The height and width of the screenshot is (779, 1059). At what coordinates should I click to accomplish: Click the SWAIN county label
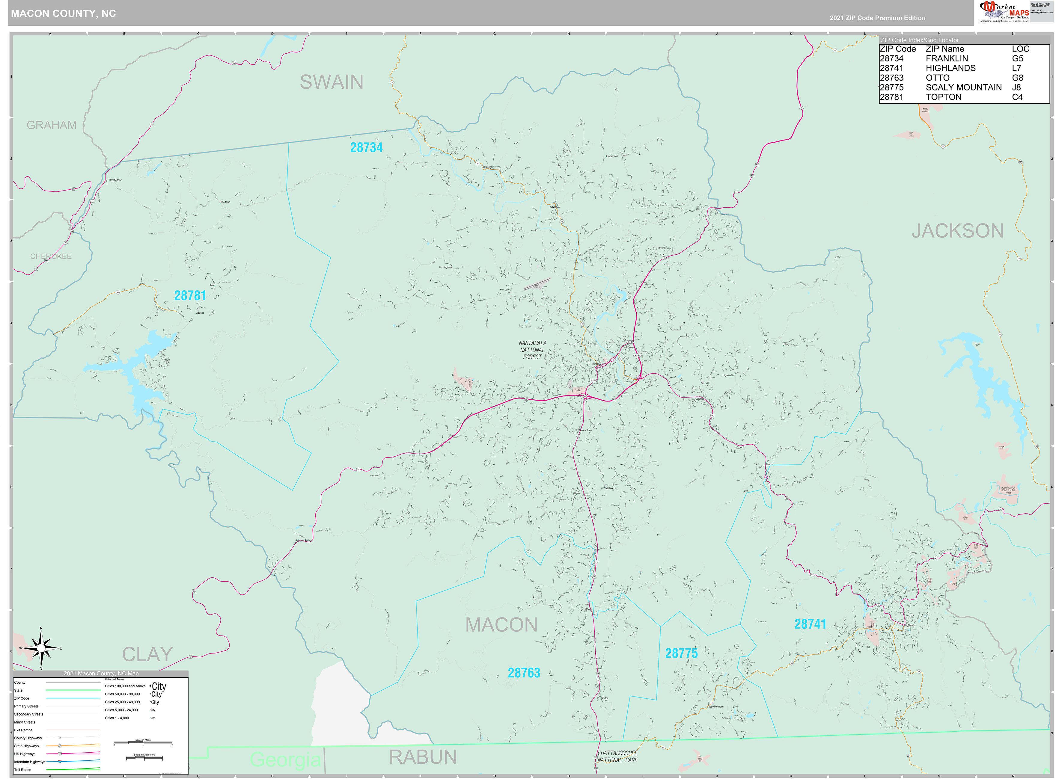point(331,82)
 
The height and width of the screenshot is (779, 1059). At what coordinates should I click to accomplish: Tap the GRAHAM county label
point(52,125)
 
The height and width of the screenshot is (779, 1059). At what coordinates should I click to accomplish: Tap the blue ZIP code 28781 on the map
point(190,296)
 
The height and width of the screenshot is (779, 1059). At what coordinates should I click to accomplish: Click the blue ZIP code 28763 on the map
point(524,673)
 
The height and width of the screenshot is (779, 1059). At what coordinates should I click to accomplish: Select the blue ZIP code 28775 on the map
point(681,653)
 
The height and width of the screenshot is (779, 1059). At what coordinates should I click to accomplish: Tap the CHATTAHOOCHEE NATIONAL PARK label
point(617,756)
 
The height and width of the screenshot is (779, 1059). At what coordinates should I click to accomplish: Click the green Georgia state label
point(285,759)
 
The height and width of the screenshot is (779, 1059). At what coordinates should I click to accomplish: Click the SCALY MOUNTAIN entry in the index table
point(963,87)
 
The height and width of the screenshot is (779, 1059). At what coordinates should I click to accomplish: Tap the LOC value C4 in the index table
point(1017,97)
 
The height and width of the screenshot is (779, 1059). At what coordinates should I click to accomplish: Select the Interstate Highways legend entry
point(30,762)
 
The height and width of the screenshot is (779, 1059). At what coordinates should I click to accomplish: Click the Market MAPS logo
point(1004,11)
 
